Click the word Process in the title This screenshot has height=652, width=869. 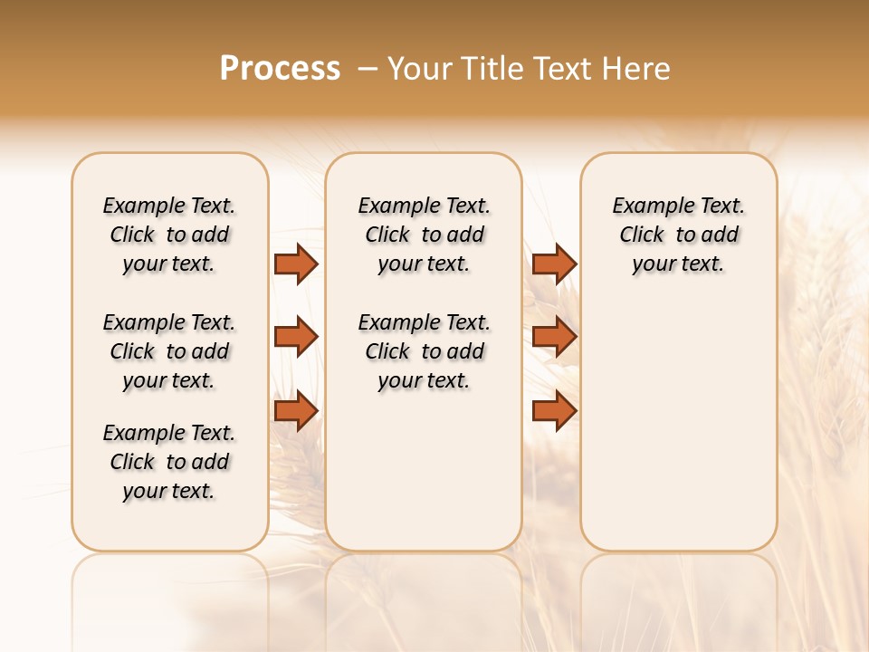coord(280,69)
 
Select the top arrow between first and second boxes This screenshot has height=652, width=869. coord(296,264)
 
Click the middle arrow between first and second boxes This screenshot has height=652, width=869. coord(296,337)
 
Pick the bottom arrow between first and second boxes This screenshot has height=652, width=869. coord(296,411)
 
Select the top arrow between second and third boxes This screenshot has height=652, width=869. coord(554,264)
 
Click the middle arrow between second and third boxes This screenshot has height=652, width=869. coord(554,337)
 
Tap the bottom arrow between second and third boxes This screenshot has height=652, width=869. coord(554,411)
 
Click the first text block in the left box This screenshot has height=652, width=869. coord(169,235)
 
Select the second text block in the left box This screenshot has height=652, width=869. coord(169,351)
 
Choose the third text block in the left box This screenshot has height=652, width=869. coord(169,462)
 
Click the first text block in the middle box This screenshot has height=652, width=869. coord(424,235)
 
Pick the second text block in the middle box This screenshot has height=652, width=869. coord(424,351)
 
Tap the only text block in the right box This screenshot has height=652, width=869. coord(679,235)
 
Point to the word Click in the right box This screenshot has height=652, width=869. coord(642,235)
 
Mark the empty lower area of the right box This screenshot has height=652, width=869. coord(679,435)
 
